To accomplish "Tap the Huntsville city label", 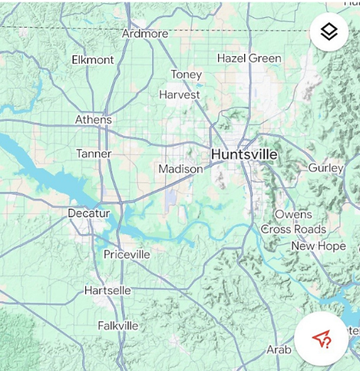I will pos(244,154).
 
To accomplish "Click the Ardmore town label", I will pos(144,34).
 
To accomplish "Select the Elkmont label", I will pos(93,60).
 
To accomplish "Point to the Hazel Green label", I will pos(249,58).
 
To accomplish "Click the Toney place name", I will pos(187,75).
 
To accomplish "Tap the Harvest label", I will pos(180,94).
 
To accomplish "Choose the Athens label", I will pos(94,120).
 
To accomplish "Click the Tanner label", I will pos(94,154).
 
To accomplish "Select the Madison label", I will pos(180,169).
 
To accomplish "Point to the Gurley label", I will pos(325,167).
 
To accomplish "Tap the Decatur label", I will pos(89,213).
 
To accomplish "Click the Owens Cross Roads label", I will pos(293,222).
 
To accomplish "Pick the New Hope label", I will pos(319,246).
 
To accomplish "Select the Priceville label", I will pos(127,254).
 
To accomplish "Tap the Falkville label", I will pos(118,326).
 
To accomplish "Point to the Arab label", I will pos(279,349).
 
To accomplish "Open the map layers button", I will pos(329,32).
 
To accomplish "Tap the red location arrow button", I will pos(322,340).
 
